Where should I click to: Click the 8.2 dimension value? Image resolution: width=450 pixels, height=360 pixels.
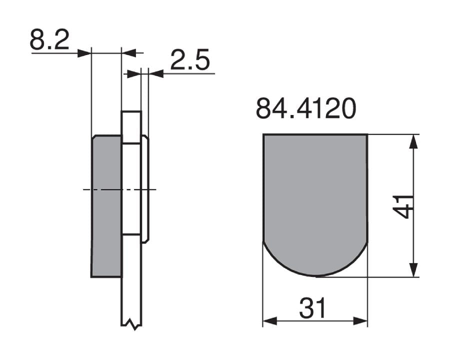[49, 39]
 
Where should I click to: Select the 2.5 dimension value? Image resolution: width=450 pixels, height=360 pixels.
[189, 60]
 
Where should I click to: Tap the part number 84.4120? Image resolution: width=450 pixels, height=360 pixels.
[305, 109]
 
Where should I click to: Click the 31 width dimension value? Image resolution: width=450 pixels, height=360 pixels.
[312, 308]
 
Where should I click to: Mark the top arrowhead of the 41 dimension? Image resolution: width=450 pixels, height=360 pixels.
[413, 141]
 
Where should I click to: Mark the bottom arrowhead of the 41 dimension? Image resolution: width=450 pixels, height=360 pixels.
[413, 269]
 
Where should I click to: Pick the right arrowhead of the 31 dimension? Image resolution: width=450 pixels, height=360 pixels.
[360, 321]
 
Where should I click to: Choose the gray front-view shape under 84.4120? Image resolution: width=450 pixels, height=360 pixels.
[315, 200]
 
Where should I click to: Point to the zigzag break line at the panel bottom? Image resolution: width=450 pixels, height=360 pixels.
[131, 324]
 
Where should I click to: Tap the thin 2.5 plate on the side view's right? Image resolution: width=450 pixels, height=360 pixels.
[145, 190]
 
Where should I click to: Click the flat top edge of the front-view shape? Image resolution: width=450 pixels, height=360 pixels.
[315, 134]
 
